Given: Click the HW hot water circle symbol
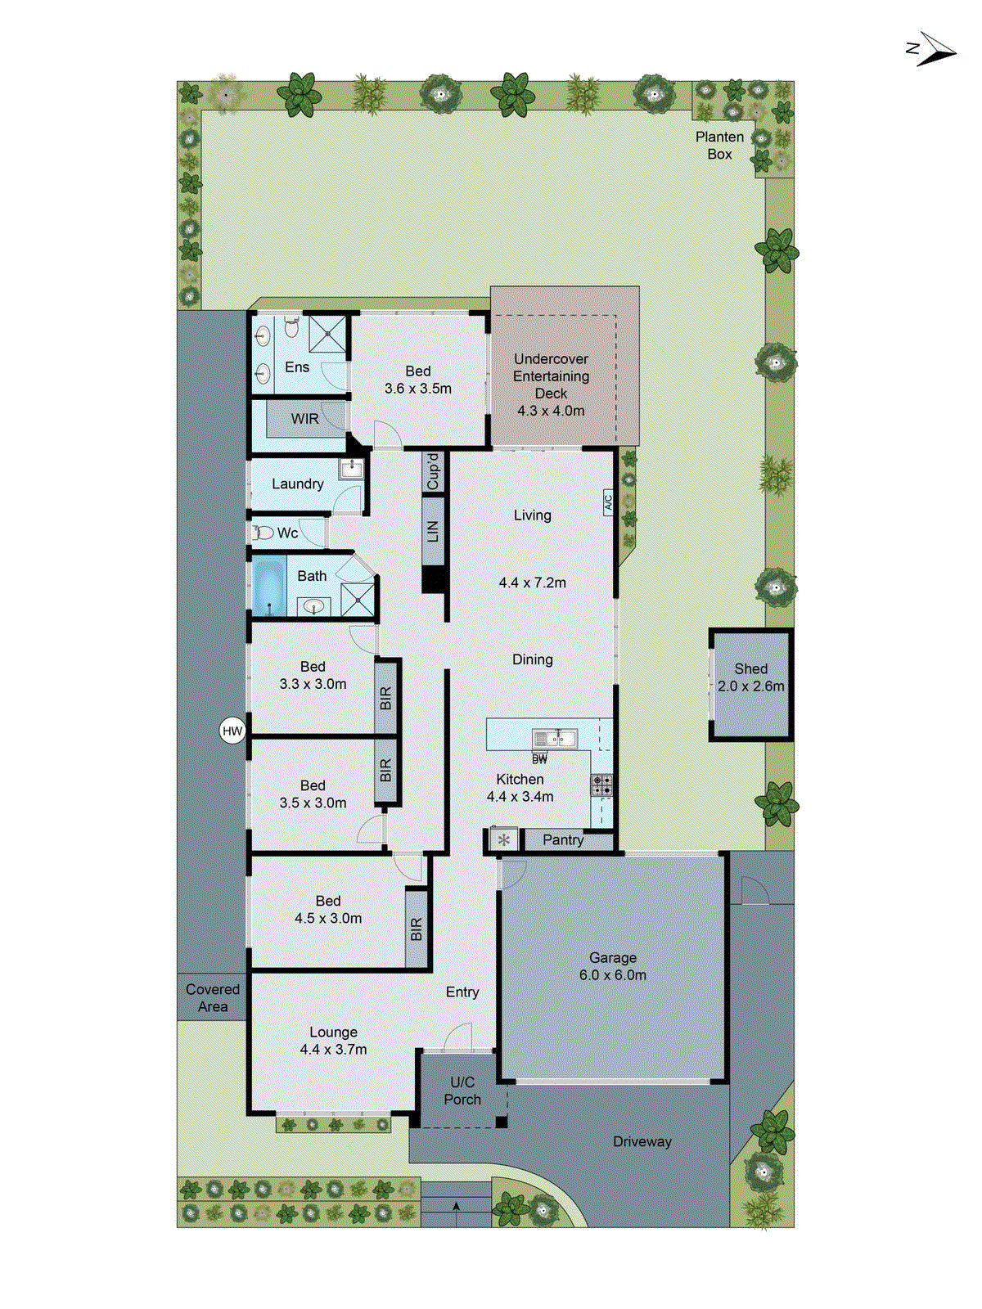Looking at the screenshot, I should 232,731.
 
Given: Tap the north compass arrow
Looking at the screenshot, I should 932,50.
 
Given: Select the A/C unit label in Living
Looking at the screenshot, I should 608,501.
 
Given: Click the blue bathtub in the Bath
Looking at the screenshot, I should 268,585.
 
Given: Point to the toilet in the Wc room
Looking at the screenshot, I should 263,533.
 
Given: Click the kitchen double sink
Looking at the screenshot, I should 555,739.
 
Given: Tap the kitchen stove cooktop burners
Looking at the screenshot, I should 601,785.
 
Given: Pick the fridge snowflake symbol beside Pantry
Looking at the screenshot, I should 504,839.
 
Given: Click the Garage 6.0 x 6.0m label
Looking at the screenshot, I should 612,966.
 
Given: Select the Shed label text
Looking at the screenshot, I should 750,668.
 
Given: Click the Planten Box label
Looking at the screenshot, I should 719,145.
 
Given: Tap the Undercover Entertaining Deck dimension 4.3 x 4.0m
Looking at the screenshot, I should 551,411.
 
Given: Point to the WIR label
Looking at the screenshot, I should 304,419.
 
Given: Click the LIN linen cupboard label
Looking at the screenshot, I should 433,530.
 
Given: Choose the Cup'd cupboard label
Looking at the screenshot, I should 433,470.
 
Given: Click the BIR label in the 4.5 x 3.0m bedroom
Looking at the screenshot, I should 417,929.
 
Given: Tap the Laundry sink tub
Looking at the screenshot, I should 351,470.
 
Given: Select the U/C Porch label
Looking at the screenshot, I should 462,1091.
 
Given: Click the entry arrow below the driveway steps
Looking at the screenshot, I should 456,1206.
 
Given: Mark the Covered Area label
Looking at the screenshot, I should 213,997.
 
